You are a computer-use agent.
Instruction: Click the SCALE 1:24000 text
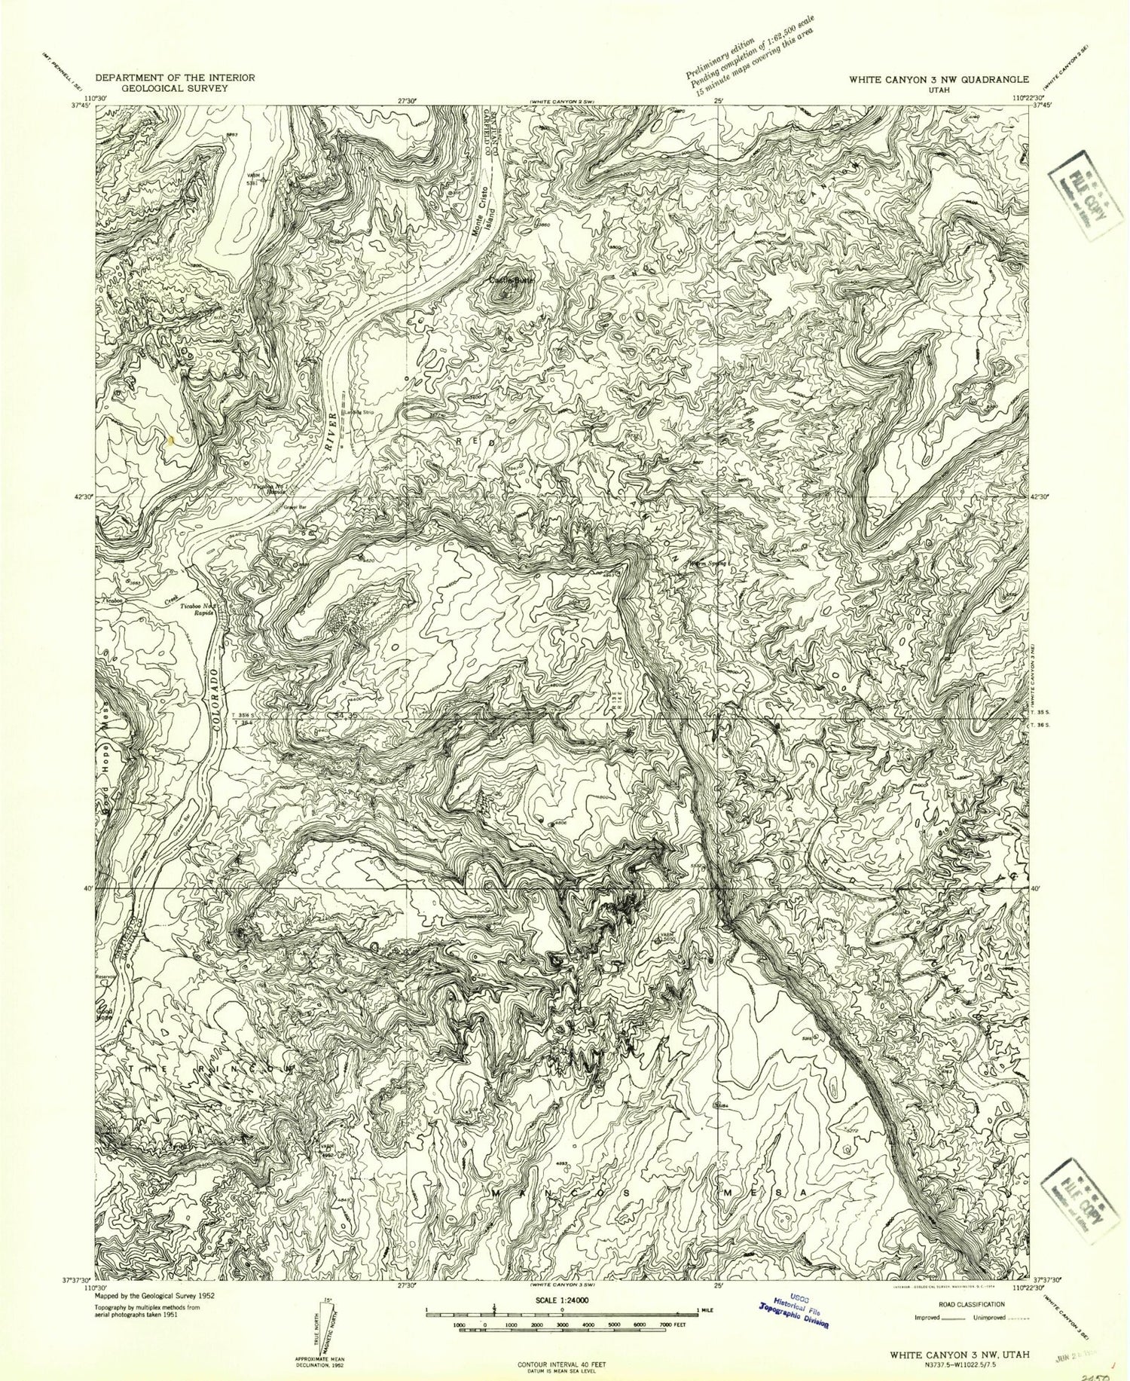562,1301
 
